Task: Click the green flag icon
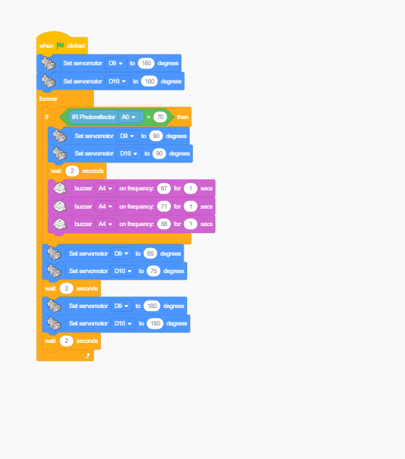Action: (x=60, y=46)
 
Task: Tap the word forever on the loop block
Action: (x=49, y=99)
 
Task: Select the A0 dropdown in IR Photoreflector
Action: (x=128, y=117)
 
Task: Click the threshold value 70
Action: (x=160, y=117)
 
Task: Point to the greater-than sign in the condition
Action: (x=148, y=117)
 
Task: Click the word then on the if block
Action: (x=182, y=117)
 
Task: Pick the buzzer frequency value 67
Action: (x=164, y=188)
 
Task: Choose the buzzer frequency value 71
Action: (x=164, y=206)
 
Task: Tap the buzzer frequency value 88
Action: (x=164, y=225)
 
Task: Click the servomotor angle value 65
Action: (x=150, y=253)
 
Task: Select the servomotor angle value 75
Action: (x=153, y=271)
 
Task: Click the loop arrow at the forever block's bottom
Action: (x=87, y=356)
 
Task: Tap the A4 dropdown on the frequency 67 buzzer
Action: (x=106, y=188)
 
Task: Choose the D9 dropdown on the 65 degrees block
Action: (x=122, y=253)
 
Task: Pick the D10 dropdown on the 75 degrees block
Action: (x=123, y=271)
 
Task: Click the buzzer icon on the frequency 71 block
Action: (x=60, y=206)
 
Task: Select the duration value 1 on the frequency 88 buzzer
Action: (x=191, y=225)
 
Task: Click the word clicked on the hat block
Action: (x=76, y=46)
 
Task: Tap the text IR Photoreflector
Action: (x=93, y=117)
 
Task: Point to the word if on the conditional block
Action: (x=46, y=117)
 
